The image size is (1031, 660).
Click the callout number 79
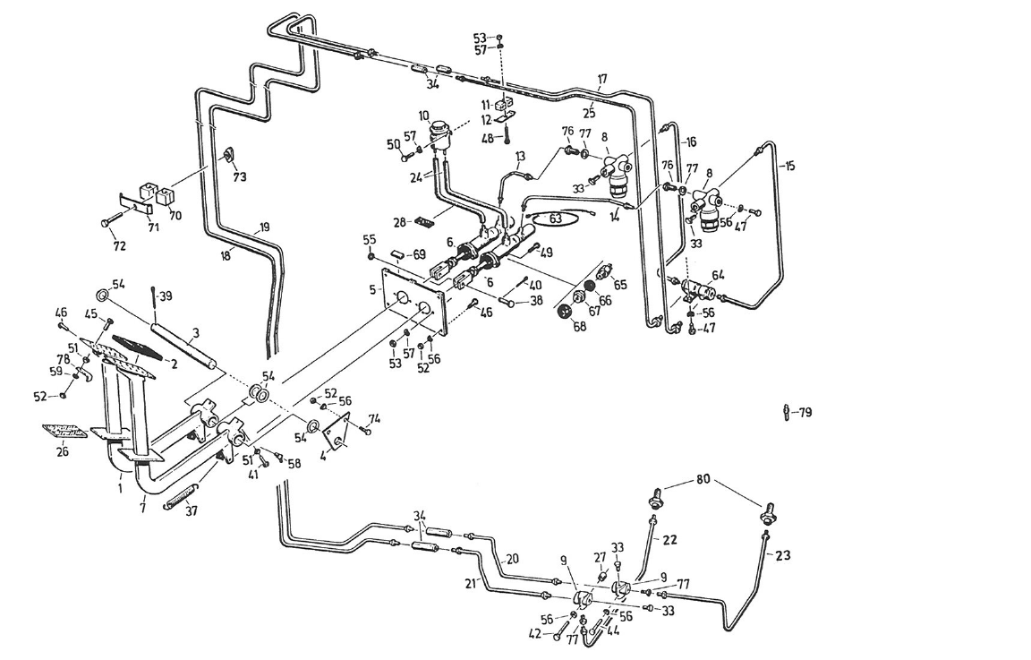point(805,413)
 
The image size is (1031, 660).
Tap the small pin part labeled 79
point(786,413)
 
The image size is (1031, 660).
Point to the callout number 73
point(239,176)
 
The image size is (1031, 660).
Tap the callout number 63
point(555,217)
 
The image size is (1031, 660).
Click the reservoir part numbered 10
point(439,134)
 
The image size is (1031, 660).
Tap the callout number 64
point(718,275)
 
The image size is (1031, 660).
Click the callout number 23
point(783,554)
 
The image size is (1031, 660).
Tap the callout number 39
point(166,296)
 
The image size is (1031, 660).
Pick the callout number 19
point(264,227)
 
